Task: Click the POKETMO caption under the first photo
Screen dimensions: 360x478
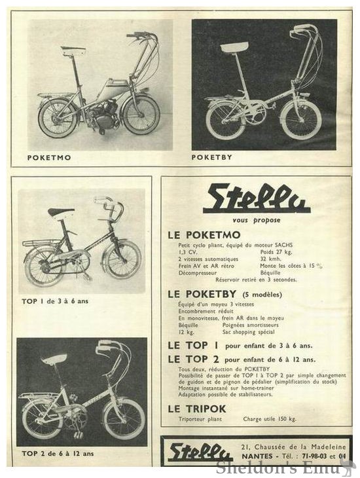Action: pyautogui.click(x=49, y=158)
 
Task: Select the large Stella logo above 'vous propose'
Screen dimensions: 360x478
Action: pyautogui.click(x=256, y=199)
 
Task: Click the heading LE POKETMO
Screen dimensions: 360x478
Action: pyautogui.click(x=204, y=234)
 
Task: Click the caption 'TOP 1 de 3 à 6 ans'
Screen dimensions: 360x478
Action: pyautogui.click(x=55, y=303)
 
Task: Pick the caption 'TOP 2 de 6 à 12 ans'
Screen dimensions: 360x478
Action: pyautogui.click(x=58, y=453)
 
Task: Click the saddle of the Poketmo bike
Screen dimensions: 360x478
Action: pyautogui.click(x=73, y=50)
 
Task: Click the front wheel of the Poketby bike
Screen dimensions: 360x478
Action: pyautogui.click(x=300, y=120)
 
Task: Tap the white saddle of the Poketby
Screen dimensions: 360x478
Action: pyautogui.click(x=234, y=46)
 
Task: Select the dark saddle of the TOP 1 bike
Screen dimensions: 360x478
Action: pyautogui.click(x=61, y=212)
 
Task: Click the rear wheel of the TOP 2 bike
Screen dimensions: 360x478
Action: pyautogui.click(x=43, y=419)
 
